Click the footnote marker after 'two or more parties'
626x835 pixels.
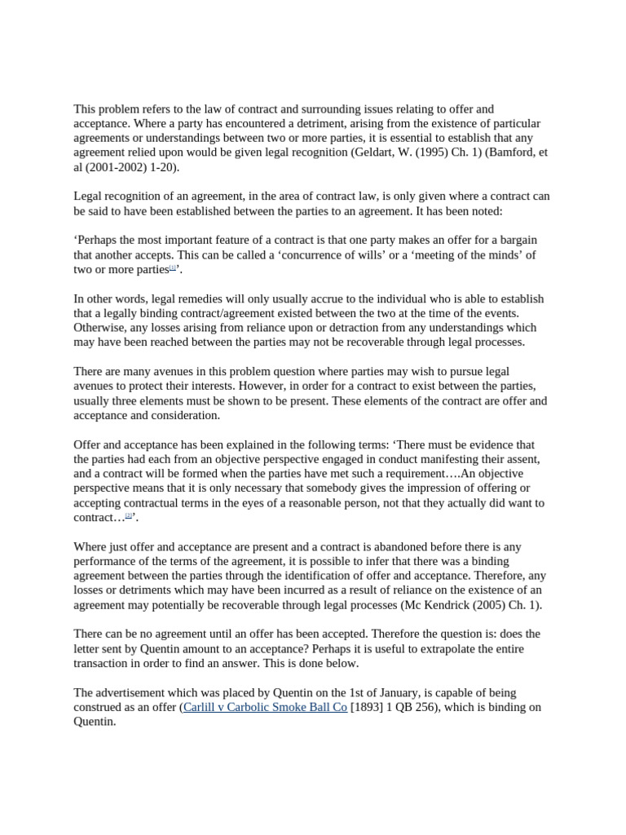coord(173,267)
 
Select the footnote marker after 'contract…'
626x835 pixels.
coord(128,515)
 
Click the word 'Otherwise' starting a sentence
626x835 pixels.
coord(101,328)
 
